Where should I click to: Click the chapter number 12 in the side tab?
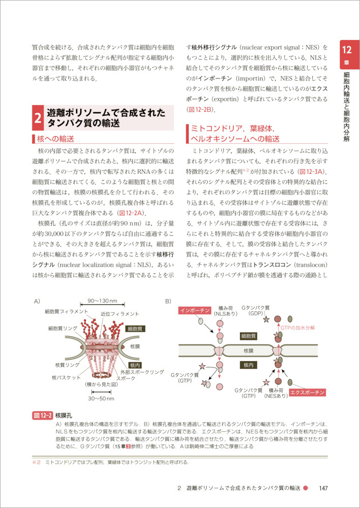tap(347, 50)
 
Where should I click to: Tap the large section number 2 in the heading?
tap(38, 118)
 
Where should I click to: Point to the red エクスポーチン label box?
tap(307, 392)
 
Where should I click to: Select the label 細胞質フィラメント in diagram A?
tap(67, 311)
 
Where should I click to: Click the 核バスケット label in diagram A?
tap(66, 377)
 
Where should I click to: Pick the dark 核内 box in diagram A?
tap(135, 365)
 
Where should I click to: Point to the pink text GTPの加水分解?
tap(298, 328)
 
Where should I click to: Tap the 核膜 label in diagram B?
tap(248, 351)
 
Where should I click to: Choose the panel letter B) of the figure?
tap(169, 301)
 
